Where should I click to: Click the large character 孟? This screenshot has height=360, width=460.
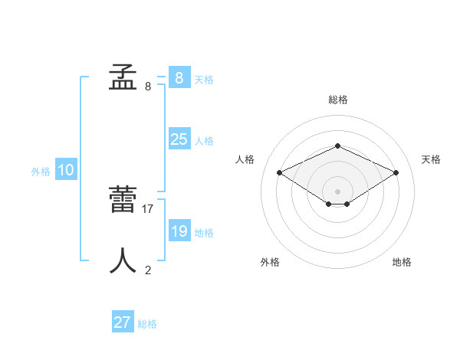(x=123, y=77)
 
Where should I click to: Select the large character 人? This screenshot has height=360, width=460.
(x=123, y=260)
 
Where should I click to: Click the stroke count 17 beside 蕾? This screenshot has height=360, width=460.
(x=149, y=208)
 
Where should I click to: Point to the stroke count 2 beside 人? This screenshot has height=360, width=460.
(x=148, y=270)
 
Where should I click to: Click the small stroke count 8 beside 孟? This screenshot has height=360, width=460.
(x=148, y=87)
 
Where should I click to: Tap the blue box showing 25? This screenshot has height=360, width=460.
(x=179, y=139)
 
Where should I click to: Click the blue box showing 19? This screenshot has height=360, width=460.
(x=179, y=231)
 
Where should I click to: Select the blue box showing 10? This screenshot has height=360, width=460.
(x=66, y=171)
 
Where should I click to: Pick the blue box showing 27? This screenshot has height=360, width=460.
(x=123, y=322)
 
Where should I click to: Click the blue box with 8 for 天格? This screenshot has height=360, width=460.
(x=179, y=77)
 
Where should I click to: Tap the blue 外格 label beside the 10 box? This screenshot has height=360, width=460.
(x=41, y=172)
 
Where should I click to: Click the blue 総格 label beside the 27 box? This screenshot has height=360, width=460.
(x=147, y=324)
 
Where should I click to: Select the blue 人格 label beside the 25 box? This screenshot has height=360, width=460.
(x=204, y=141)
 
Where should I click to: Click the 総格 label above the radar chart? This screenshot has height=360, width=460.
(x=337, y=100)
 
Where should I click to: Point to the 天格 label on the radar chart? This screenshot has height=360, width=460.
(x=431, y=159)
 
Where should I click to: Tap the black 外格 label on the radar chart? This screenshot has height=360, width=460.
(x=270, y=262)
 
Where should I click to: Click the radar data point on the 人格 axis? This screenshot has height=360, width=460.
(x=280, y=173)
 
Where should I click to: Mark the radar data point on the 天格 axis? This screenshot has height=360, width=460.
(x=396, y=173)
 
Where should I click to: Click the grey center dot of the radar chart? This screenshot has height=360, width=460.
(x=337, y=191)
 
